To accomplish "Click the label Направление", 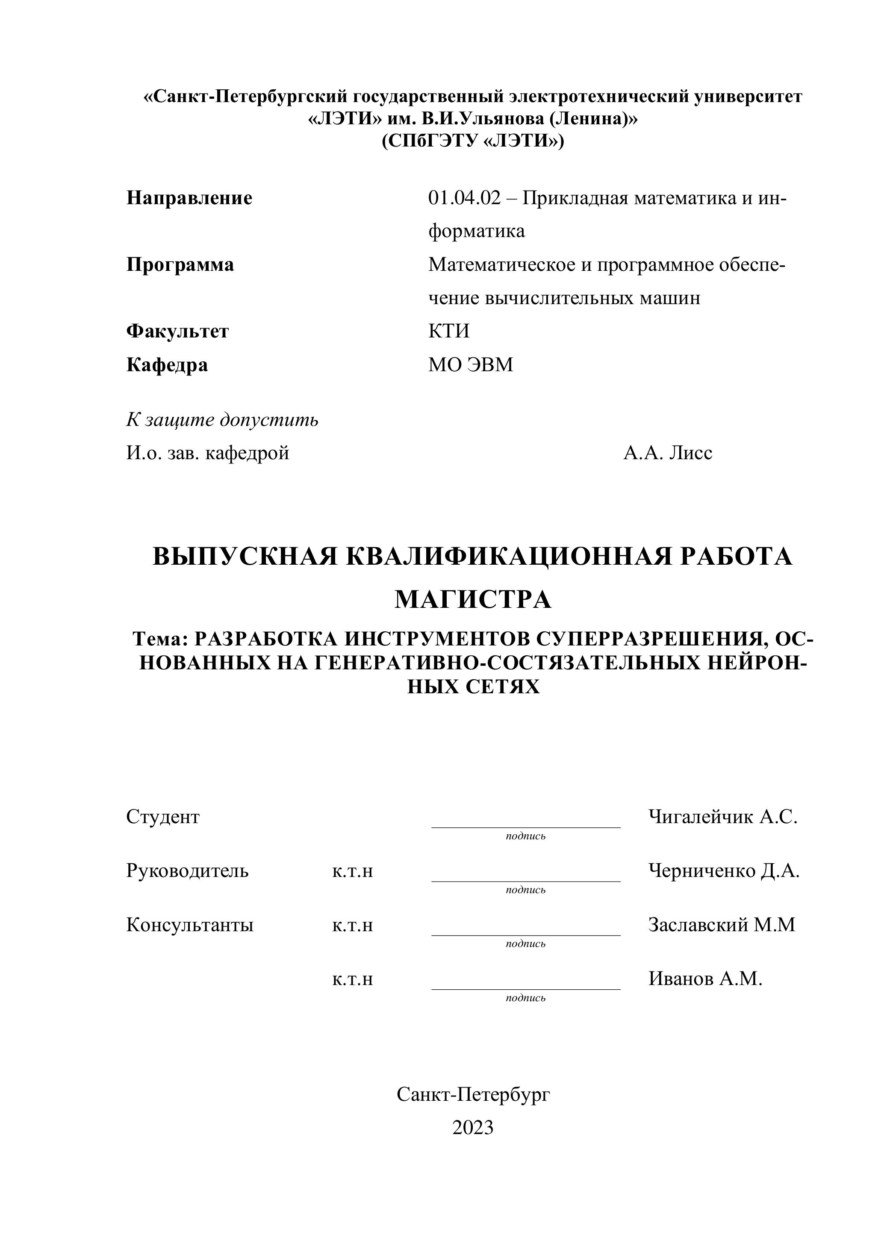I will coord(189,198).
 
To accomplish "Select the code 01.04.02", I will coord(464,198).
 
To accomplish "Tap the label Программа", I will coord(180,264).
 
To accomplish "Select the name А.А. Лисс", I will coord(667,453).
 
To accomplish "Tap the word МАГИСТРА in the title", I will coord(472,599).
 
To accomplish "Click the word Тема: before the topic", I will coord(161,638).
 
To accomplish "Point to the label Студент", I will coord(163,817).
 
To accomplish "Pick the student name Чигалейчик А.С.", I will coord(722,817).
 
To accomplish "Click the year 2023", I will coord(472,1128).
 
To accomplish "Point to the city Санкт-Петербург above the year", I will coord(472,1094).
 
